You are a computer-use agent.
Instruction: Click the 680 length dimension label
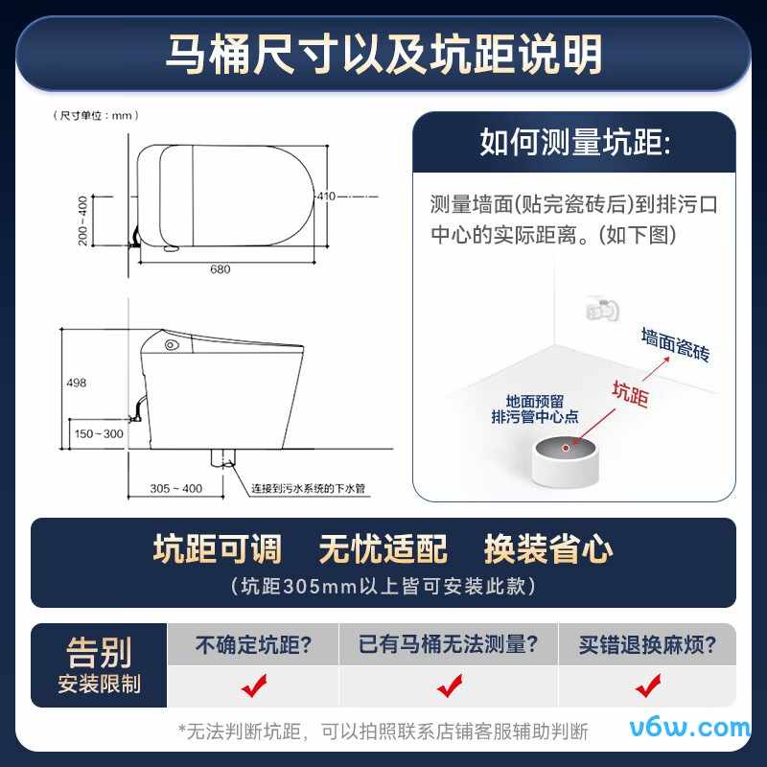[221, 269]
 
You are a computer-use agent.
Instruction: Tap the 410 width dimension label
[326, 197]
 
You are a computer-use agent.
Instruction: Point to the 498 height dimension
[77, 383]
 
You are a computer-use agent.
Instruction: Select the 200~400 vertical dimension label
[82, 221]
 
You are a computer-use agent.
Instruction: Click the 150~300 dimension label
[99, 433]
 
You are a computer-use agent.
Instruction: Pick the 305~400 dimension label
[176, 488]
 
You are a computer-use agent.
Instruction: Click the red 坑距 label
[631, 393]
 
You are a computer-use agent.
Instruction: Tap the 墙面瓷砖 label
[676, 344]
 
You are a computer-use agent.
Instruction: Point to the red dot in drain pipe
[566, 448]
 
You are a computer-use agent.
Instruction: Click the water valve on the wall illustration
[602, 309]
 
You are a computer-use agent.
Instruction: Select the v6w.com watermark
[689, 728]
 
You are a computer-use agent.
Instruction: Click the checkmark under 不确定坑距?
[254, 686]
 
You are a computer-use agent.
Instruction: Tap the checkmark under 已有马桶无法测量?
[450, 686]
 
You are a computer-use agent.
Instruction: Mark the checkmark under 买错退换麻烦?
[648, 686]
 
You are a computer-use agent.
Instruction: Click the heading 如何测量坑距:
[575, 142]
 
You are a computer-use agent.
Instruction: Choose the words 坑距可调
[218, 548]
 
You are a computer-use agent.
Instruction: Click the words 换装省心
[548, 548]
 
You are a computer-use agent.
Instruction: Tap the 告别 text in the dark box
[99, 653]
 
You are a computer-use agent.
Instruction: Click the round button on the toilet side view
[171, 345]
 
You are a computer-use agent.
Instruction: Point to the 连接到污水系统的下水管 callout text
[308, 488]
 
